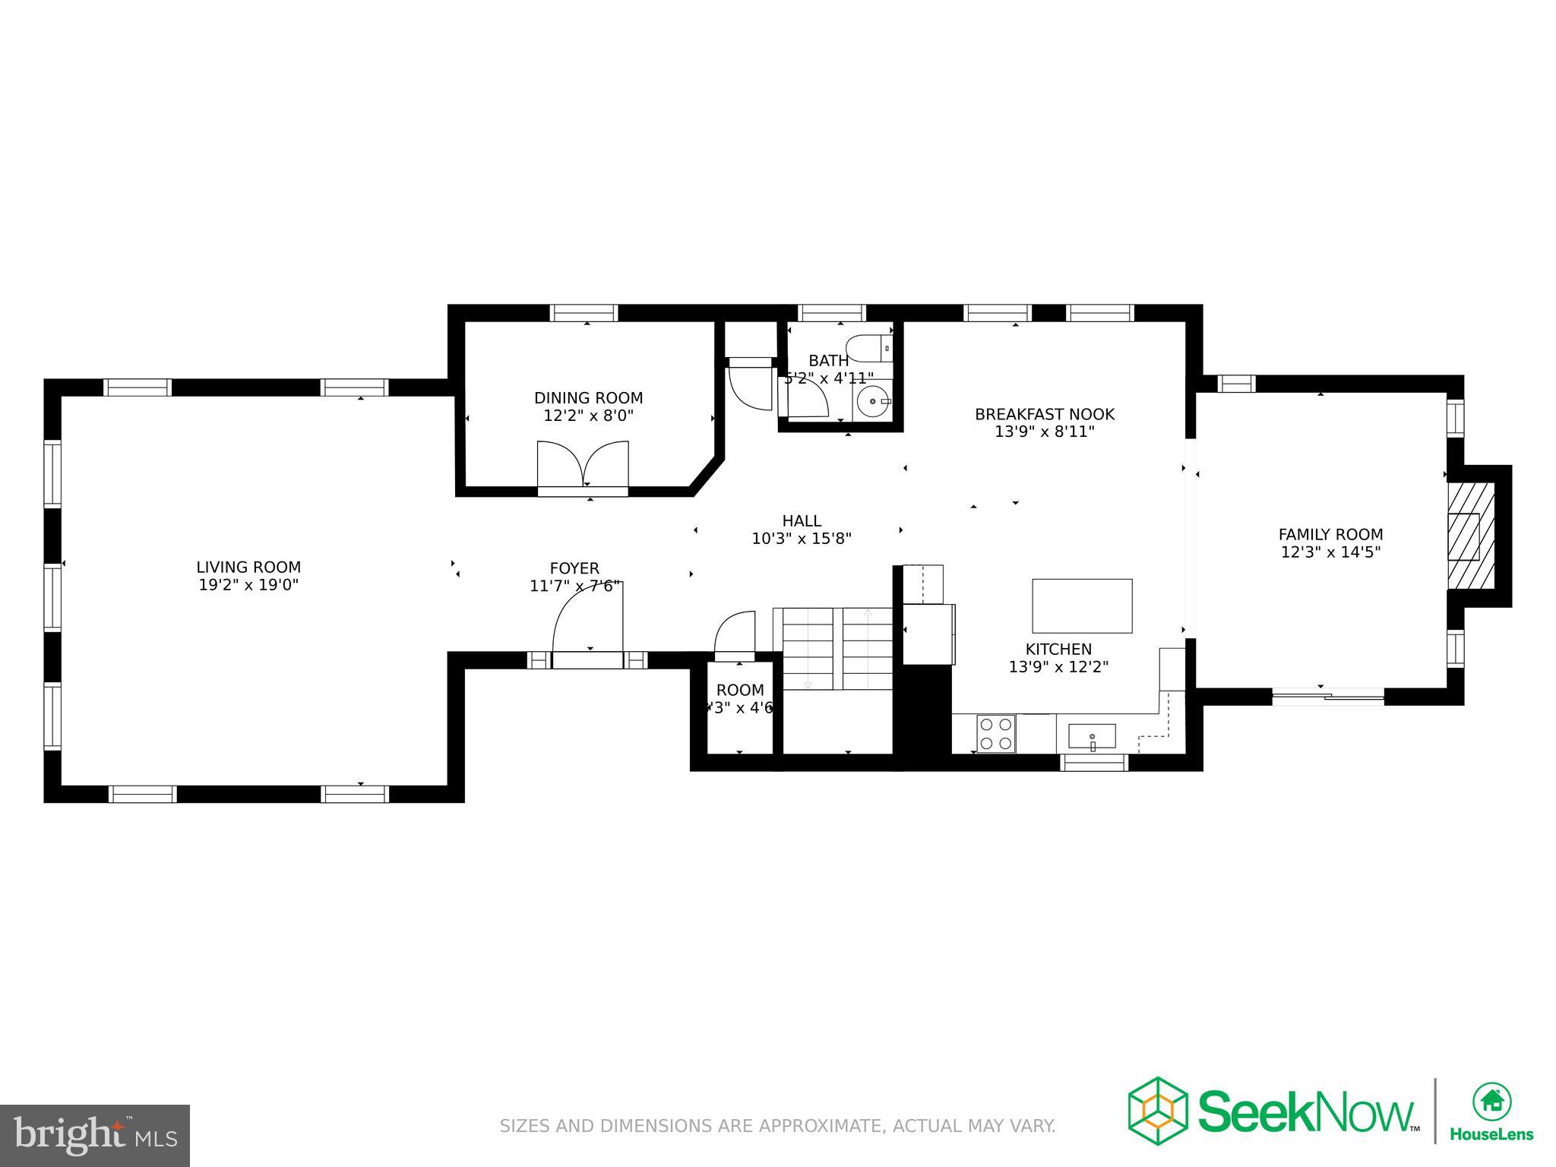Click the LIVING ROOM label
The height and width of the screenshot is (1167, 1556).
click(248, 567)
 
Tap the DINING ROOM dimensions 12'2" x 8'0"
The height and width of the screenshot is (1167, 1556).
click(588, 416)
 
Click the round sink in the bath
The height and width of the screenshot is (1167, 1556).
click(873, 400)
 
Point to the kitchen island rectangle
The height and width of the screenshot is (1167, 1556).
click(1082, 606)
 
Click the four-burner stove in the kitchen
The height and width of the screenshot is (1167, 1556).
click(995, 733)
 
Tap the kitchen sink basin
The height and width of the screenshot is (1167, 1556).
click(1092, 736)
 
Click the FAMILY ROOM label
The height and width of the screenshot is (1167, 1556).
click(1330, 534)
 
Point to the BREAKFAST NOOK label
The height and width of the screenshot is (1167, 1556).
click(1045, 414)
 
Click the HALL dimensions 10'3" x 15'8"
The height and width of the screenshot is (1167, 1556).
click(802, 539)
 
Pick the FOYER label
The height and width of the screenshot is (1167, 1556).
click(574, 568)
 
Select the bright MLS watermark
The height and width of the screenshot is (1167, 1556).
click(95, 1134)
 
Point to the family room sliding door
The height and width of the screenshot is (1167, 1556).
click(1328, 696)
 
